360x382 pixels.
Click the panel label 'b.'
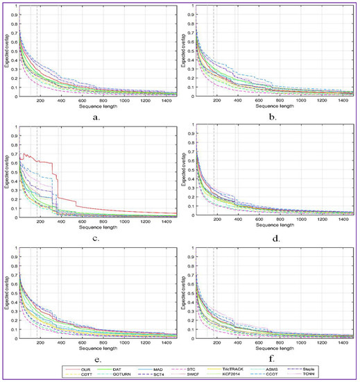274,117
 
